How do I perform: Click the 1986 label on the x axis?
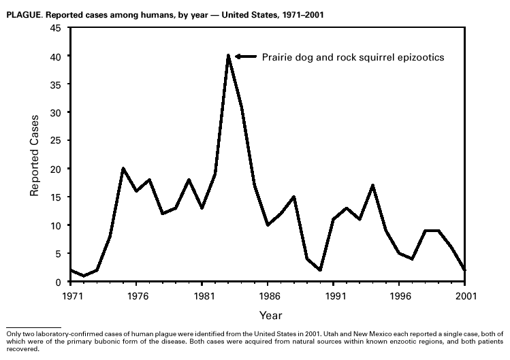click(x=268, y=296)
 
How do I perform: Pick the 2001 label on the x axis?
click(x=466, y=296)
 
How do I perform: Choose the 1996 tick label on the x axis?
click(x=400, y=296)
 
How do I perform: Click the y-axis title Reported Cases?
click(x=34, y=155)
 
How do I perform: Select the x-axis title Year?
click(x=269, y=316)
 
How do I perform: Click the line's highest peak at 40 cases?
click(x=229, y=56)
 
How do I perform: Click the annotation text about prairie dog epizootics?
click(x=353, y=57)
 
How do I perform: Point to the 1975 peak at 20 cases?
click(x=123, y=169)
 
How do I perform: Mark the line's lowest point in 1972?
click(x=83, y=276)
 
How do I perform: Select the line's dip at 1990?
click(x=321, y=270)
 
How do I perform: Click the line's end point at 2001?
click(x=466, y=270)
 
